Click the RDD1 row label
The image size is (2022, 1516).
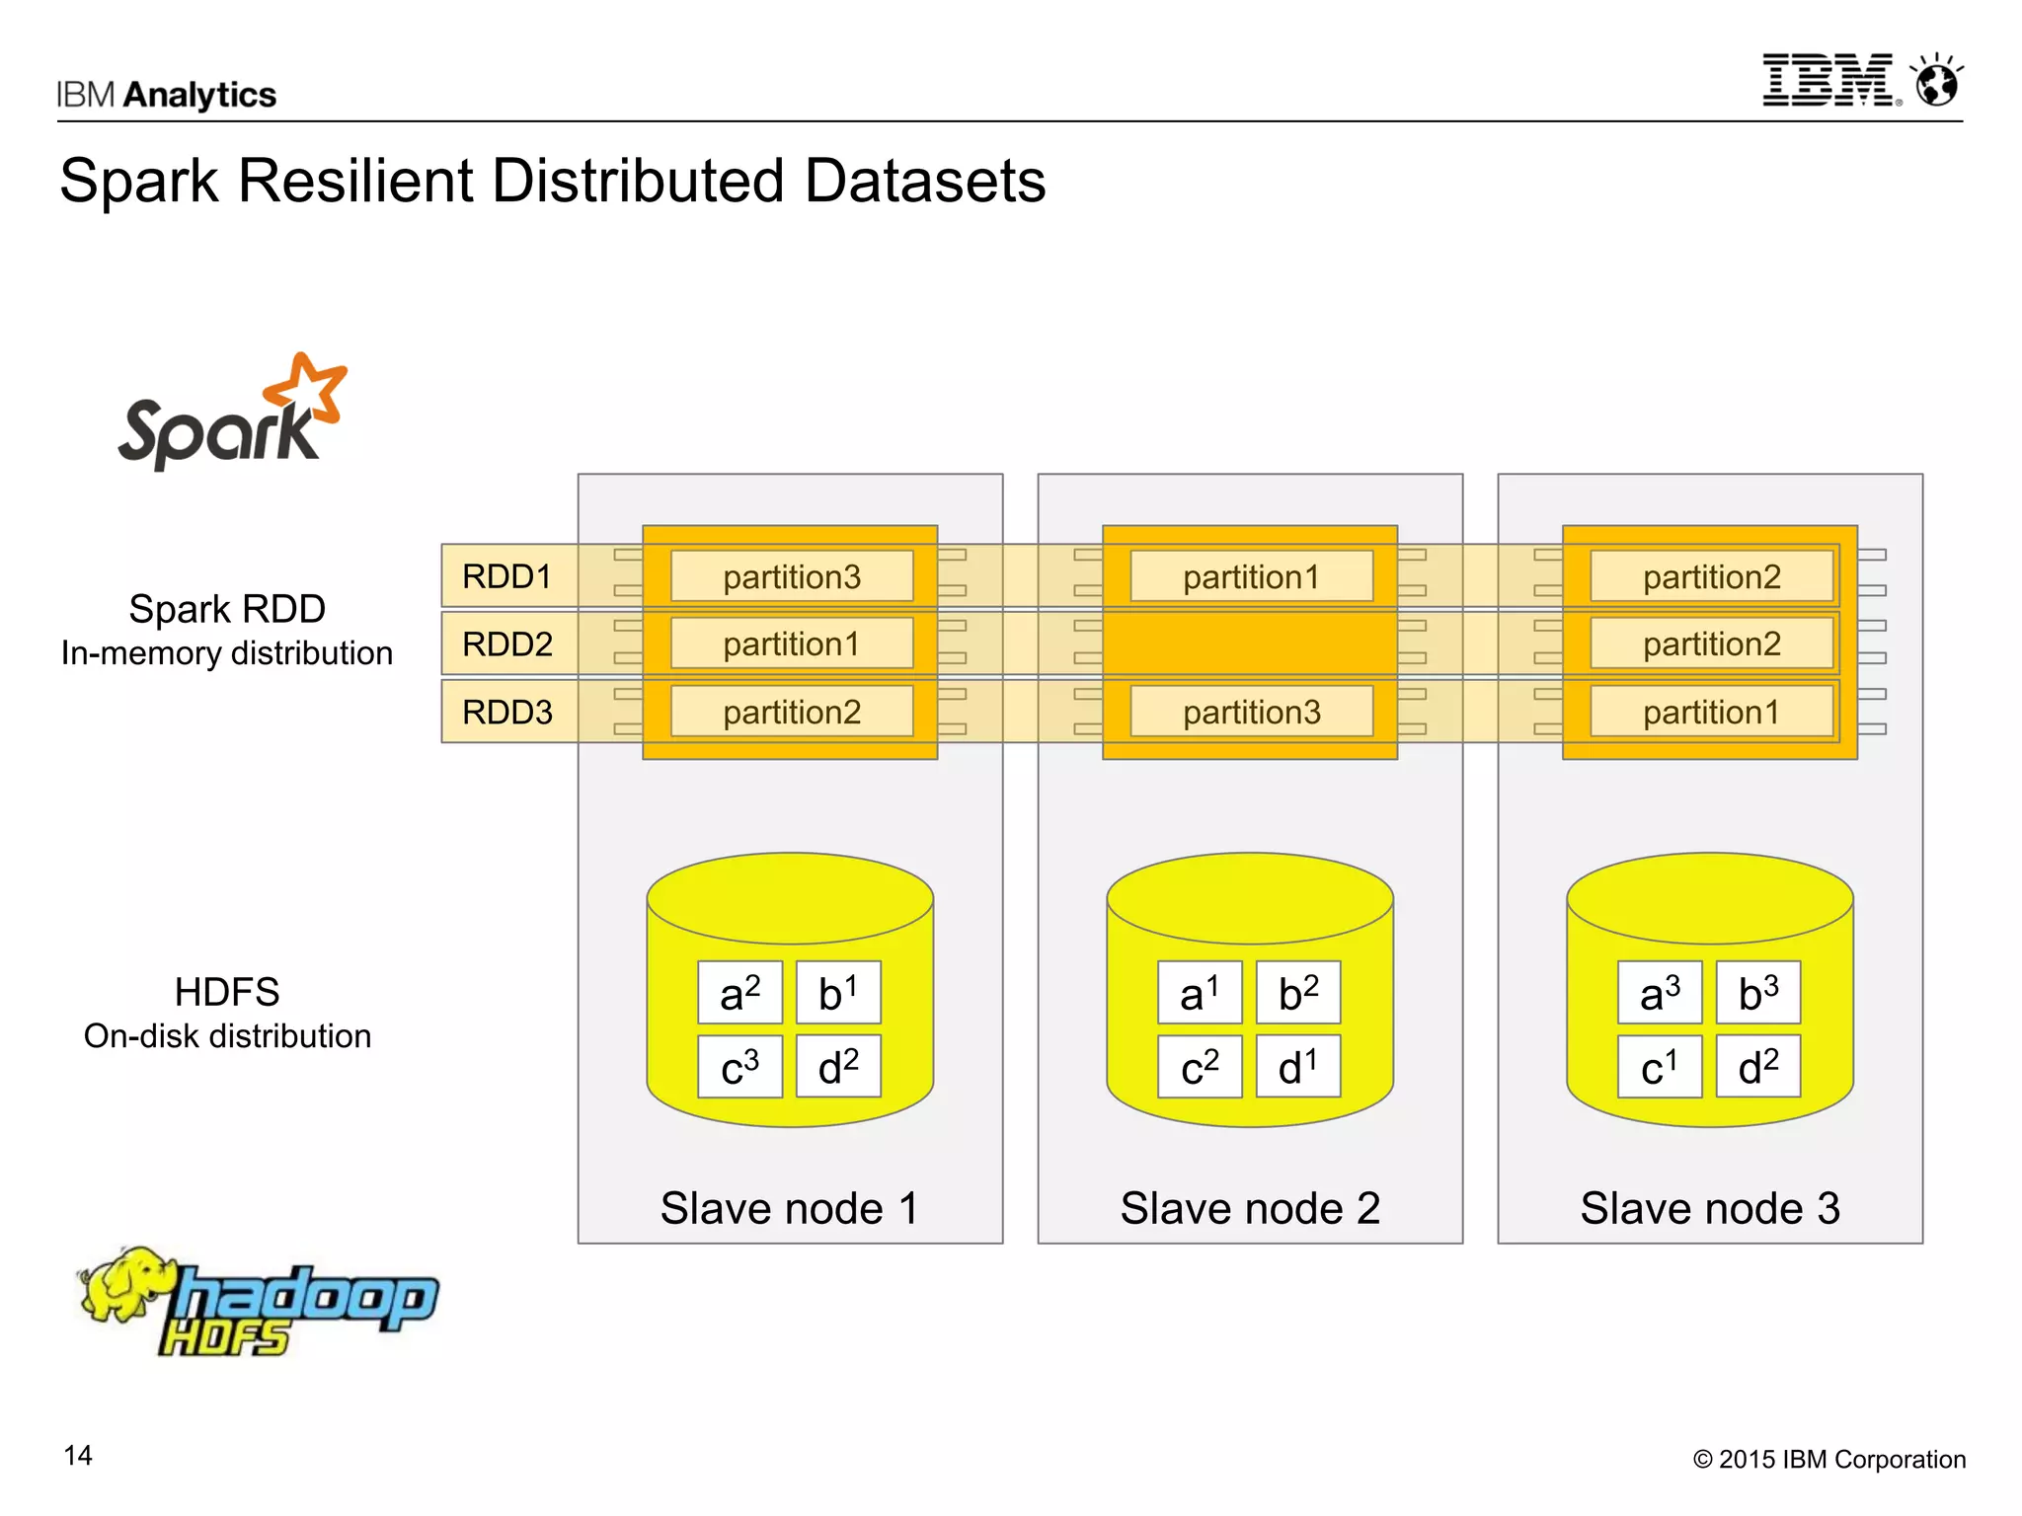tap(507, 576)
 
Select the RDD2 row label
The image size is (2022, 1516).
tap(507, 644)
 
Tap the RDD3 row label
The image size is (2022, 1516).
tap(507, 712)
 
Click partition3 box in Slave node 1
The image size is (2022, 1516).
tap(792, 576)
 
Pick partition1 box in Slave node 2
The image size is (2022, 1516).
tap(1251, 576)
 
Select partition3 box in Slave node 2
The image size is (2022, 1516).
tap(1251, 712)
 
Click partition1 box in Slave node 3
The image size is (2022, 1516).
tap(1711, 712)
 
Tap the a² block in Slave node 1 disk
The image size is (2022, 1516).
tap(739, 993)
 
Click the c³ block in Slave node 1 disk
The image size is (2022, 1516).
tap(739, 1067)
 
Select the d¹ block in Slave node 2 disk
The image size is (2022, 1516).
tap(1297, 1067)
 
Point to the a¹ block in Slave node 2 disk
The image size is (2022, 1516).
tap(1200, 993)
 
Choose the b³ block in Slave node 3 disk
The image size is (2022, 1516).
tap(1757, 993)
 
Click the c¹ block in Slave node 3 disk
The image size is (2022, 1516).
tap(1659, 1067)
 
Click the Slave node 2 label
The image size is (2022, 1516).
tap(1250, 1208)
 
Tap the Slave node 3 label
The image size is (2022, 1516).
tap(1710, 1208)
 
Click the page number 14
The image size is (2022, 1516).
tap(78, 1456)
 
